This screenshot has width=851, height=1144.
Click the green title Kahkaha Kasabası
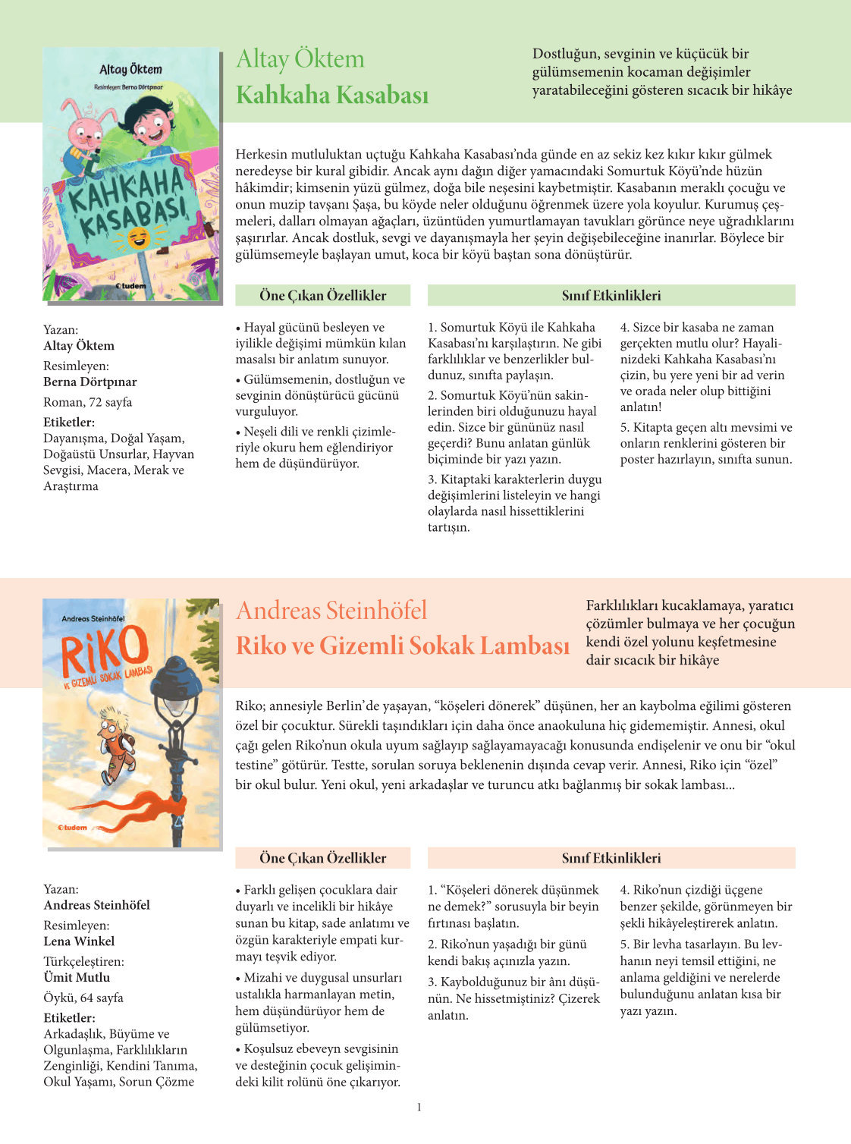point(332,96)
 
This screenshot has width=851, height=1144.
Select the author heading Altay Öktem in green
point(300,59)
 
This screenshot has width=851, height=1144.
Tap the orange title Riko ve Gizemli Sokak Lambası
point(402,646)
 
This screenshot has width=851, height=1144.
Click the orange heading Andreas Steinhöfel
point(331,611)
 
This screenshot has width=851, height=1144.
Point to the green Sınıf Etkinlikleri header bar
point(611,295)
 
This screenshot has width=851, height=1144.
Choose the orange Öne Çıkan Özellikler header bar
point(322,858)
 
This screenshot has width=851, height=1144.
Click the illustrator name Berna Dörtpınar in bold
point(89,382)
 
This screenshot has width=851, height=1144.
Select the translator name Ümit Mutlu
point(77,977)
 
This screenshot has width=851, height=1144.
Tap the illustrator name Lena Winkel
point(79,941)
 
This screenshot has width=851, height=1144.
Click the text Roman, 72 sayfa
point(87,402)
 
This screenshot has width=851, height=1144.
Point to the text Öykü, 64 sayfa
point(83,998)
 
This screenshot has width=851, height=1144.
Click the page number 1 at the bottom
point(419,1108)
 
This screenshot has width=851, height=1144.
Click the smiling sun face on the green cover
point(139,239)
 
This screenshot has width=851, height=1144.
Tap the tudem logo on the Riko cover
point(74,827)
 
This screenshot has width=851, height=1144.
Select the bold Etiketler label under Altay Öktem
point(69,422)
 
